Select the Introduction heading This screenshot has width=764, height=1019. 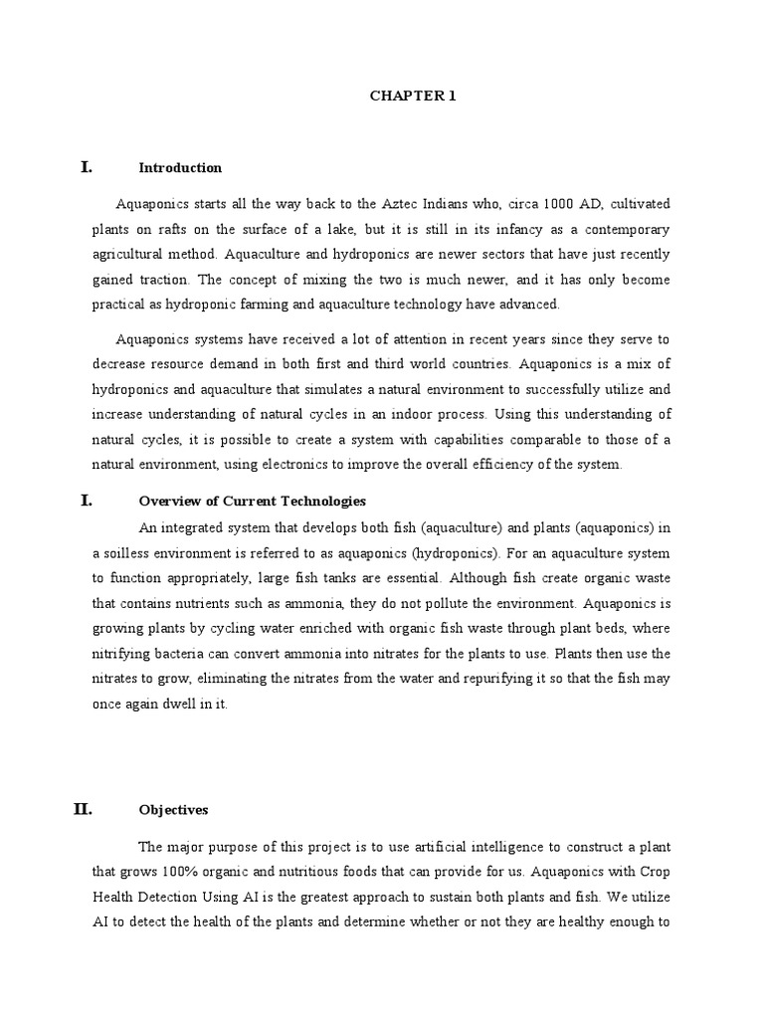coord(180,168)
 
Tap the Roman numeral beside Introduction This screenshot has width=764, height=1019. coord(87,167)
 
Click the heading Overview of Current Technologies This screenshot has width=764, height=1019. coord(253,501)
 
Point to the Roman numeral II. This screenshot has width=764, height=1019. coord(84,809)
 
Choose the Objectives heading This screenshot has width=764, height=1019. coord(173,810)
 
